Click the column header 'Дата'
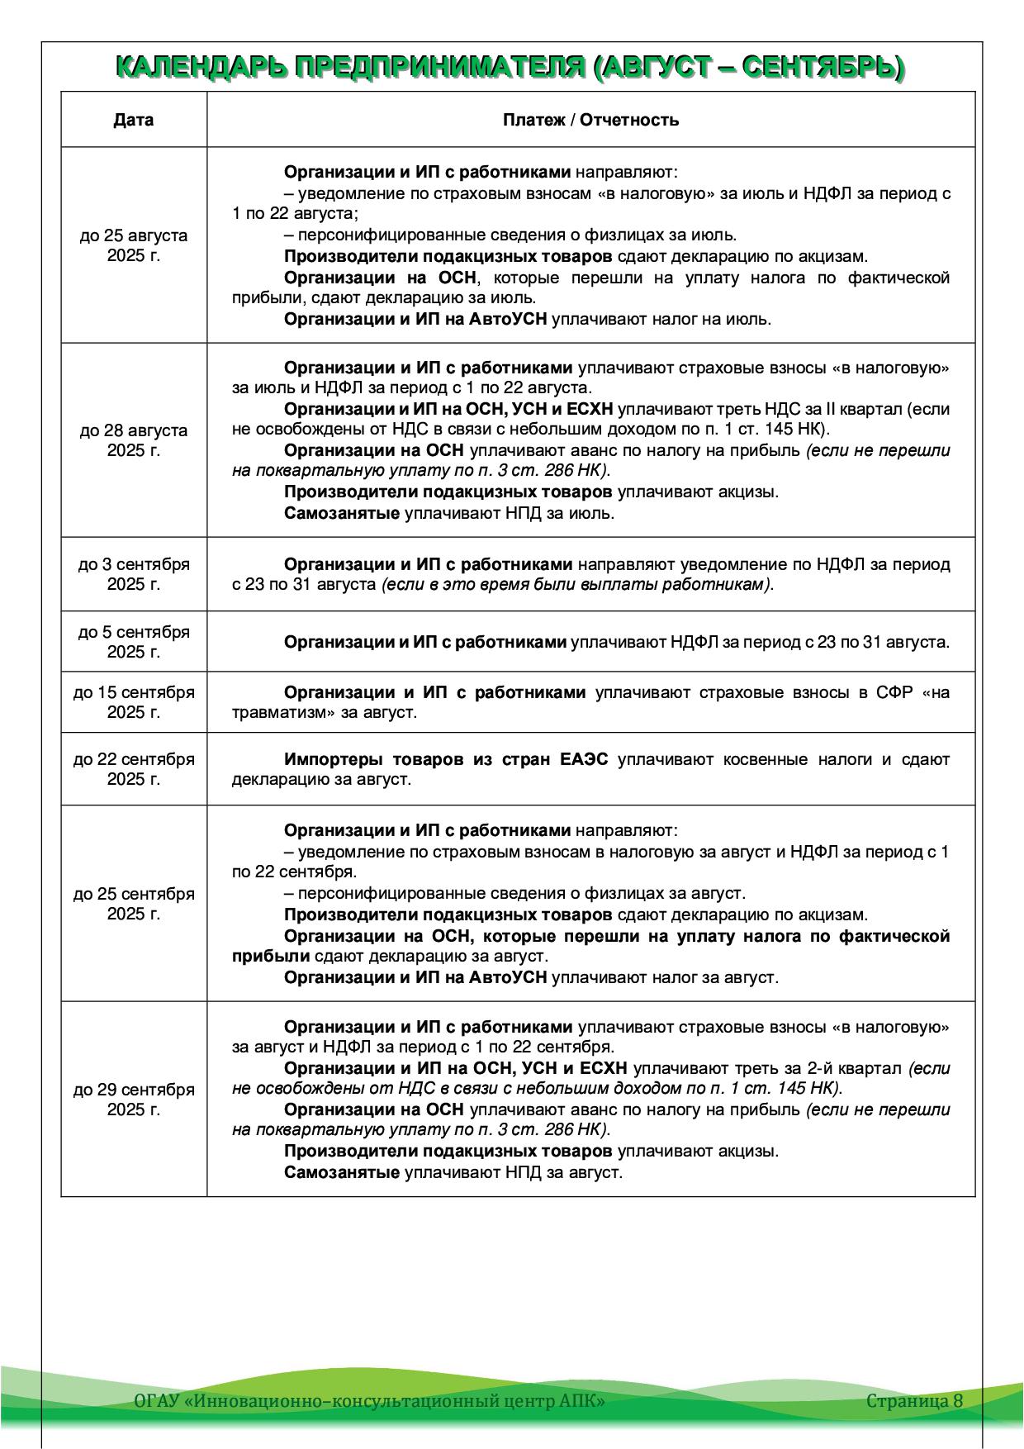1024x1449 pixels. click(x=134, y=120)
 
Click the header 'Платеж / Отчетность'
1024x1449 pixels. click(x=590, y=120)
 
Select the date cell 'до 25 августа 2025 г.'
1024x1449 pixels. click(x=134, y=245)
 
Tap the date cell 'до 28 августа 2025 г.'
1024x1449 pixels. click(x=134, y=440)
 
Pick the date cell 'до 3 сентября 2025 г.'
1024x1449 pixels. click(x=134, y=574)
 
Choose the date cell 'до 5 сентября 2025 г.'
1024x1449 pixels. click(x=134, y=642)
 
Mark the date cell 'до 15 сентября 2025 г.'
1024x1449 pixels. click(x=134, y=702)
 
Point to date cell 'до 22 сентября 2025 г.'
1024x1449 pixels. click(x=134, y=769)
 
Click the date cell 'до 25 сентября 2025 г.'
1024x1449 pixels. click(x=134, y=904)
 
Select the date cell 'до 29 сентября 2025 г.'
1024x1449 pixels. click(x=134, y=1100)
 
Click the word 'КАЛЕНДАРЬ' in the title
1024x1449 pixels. click(x=198, y=68)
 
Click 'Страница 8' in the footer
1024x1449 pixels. click(x=914, y=1400)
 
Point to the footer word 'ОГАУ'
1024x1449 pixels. click(x=157, y=1401)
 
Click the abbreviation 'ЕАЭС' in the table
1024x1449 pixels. click(x=584, y=759)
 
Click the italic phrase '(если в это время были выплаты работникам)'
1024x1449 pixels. click(x=577, y=585)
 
